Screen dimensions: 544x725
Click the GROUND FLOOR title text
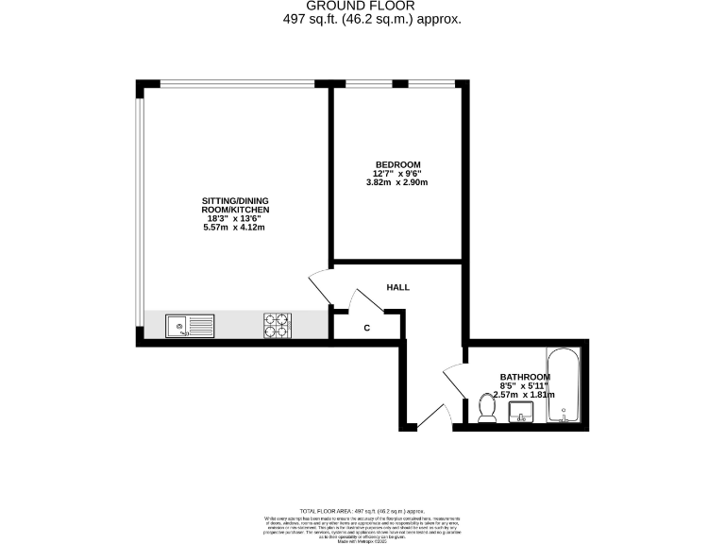pyautogui.click(x=363, y=6)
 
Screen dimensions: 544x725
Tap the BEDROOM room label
pyautogui.click(x=396, y=164)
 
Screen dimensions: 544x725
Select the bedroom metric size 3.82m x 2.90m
pyautogui.click(x=396, y=182)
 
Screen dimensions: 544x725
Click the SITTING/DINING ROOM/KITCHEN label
pyautogui.click(x=236, y=205)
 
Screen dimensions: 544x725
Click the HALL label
pyautogui.click(x=397, y=287)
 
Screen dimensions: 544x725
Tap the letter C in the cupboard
pyautogui.click(x=366, y=328)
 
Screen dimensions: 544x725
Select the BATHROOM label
pyautogui.click(x=525, y=376)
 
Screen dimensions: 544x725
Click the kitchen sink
pyautogui.click(x=190, y=327)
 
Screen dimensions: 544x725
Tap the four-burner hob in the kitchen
pyautogui.click(x=276, y=326)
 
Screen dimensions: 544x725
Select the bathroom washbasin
pyautogui.click(x=520, y=413)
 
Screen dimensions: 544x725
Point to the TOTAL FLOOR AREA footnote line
pyautogui.click(x=362, y=511)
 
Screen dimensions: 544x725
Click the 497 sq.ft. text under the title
pyautogui.click(x=363, y=19)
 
